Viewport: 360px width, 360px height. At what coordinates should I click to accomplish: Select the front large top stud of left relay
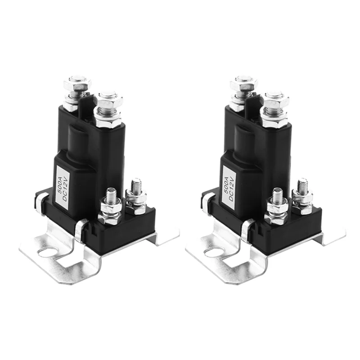click(x=108, y=106)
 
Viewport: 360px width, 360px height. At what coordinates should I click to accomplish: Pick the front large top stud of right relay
click(x=274, y=106)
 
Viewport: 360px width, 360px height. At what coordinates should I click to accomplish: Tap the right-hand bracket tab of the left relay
click(x=166, y=236)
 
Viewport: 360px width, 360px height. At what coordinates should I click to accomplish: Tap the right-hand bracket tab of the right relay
click(x=333, y=236)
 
